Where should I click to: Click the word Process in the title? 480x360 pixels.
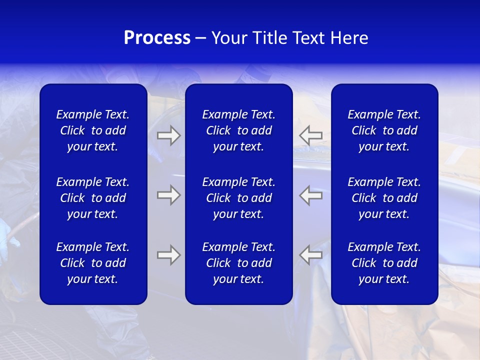click(157, 38)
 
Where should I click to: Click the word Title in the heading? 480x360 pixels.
click(269, 38)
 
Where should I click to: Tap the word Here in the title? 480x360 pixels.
click(349, 38)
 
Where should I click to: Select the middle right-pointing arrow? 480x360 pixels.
click(168, 195)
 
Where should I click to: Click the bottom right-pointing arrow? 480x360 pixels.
click(168, 255)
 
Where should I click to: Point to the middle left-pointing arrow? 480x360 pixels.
click(311, 195)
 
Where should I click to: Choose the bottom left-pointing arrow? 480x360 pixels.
click(311, 255)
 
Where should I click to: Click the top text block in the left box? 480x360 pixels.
click(93, 130)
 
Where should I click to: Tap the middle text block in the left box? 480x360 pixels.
click(93, 198)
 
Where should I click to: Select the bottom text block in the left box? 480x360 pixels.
click(93, 263)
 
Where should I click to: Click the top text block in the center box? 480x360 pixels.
click(238, 130)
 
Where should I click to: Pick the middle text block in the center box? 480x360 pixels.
click(238, 198)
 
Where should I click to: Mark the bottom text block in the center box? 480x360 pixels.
click(238, 263)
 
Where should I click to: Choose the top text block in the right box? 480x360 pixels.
click(384, 130)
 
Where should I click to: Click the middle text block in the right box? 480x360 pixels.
click(384, 198)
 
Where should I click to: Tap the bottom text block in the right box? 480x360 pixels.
click(384, 263)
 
